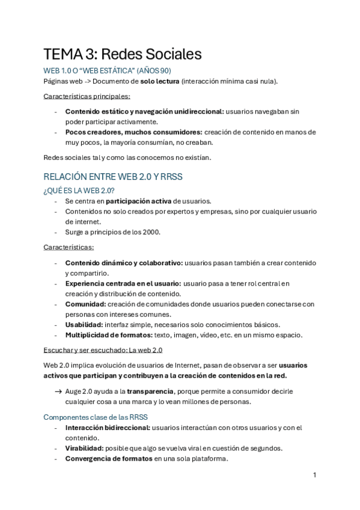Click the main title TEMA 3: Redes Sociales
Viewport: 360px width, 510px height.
click(x=122, y=54)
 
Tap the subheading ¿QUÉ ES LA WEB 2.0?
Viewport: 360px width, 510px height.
click(x=79, y=191)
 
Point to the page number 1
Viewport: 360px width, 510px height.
click(x=314, y=475)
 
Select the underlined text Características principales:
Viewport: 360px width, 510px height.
click(x=87, y=96)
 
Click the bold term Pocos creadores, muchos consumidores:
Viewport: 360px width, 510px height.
click(x=133, y=132)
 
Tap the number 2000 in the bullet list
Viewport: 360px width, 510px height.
click(x=152, y=232)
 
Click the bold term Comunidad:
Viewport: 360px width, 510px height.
click(x=86, y=304)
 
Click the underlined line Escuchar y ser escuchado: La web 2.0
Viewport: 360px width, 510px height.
click(x=103, y=350)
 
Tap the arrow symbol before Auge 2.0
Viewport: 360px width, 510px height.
click(x=58, y=391)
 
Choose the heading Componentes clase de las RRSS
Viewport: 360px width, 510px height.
click(x=96, y=417)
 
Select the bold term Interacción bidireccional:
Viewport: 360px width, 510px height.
click(x=108, y=428)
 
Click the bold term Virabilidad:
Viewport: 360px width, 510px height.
click(x=84, y=448)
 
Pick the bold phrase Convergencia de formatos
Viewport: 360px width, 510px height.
click(x=108, y=458)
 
